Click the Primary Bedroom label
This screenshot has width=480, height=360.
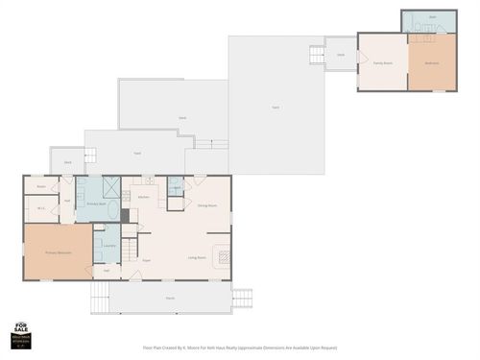pyautogui.click(x=59, y=252)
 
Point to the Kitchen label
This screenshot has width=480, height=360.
pyautogui.click(x=143, y=197)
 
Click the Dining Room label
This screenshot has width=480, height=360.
pyautogui.click(x=206, y=205)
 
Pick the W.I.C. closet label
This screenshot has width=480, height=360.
pyautogui.click(x=42, y=208)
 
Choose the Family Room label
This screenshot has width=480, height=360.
pyautogui.click(x=382, y=63)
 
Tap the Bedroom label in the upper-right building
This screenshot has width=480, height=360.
pyautogui.click(x=431, y=64)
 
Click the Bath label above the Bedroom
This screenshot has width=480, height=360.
pyautogui.click(x=432, y=17)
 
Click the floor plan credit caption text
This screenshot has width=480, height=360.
pyautogui.click(x=239, y=348)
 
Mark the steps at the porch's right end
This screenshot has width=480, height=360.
pyautogui.click(x=242, y=298)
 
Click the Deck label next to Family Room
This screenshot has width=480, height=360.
pyautogui.click(x=340, y=55)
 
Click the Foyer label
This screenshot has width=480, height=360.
pyautogui.click(x=147, y=259)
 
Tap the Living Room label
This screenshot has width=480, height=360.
pyautogui.click(x=198, y=257)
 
